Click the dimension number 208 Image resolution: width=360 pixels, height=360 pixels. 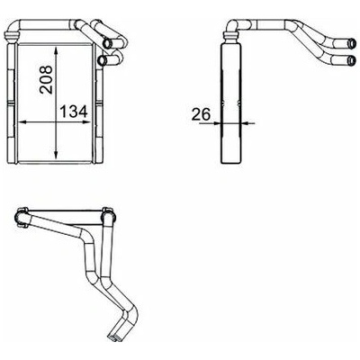coord(46,80)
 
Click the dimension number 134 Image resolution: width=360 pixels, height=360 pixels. coord(74,112)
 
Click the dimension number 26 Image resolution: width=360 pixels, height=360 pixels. coord(201,114)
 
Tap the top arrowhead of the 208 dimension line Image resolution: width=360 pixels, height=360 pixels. coord(56,51)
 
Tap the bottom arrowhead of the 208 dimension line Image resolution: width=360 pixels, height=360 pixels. coord(56,154)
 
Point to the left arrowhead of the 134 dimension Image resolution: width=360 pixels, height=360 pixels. coord(23,122)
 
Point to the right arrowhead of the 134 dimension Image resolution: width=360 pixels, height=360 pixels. coord(86,122)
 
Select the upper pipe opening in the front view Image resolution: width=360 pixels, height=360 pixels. coord(107,43)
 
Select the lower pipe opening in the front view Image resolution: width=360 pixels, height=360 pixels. coord(102,60)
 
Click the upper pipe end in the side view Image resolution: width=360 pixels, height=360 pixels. coord(352,44)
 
